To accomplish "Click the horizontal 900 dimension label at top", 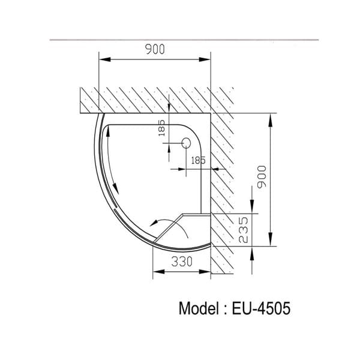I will point(155,50).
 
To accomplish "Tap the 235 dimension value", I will point(244,230).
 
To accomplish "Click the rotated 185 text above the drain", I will point(161,127).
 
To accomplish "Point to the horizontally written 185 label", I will point(199,160).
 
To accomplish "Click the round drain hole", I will point(186,143).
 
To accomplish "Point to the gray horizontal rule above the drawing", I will point(180,39).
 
